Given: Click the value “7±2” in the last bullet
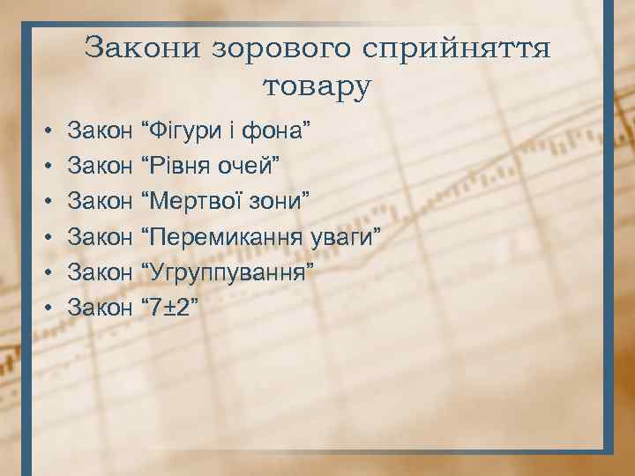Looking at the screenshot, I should (174, 306).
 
